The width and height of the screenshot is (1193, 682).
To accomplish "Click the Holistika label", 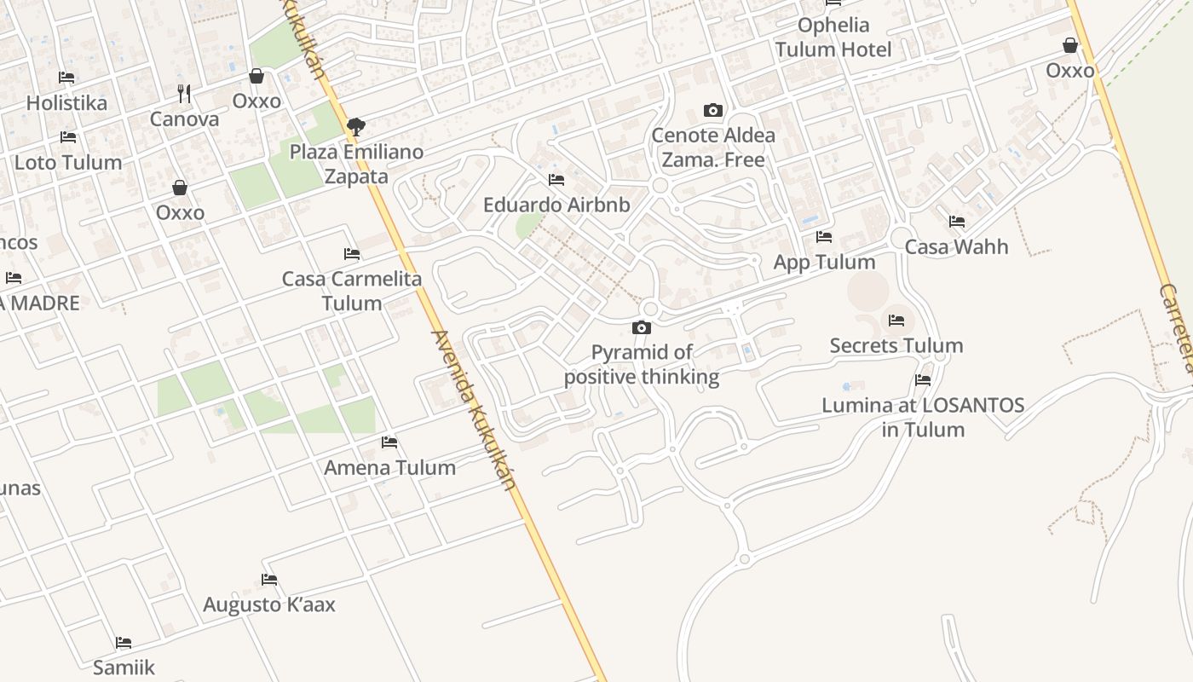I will [x=66, y=103].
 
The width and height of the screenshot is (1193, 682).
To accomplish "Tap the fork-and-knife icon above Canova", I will [x=184, y=93].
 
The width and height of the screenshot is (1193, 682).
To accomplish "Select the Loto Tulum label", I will [x=68, y=162].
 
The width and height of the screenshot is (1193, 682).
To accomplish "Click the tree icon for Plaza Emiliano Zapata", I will [x=356, y=127].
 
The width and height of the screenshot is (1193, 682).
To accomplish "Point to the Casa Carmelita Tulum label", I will [x=352, y=291].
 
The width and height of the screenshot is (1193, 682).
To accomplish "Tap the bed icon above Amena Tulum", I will [x=389, y=442].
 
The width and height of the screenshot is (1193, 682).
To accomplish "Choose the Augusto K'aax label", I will [x=269, y=604].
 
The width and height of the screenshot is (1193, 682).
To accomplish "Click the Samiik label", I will [x=124, y=667].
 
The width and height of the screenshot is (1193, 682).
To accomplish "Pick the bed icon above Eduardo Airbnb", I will [x=556, y=180].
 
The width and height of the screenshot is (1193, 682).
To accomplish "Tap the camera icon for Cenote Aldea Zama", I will [x=713, y=110].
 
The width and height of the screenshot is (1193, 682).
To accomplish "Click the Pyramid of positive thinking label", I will [x=642, y=364].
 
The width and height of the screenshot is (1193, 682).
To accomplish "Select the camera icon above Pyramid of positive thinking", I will [x=642, y=327].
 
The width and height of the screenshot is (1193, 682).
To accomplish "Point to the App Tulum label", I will [x=824, y=262].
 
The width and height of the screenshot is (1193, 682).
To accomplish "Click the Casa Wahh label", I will [x=956, y=246].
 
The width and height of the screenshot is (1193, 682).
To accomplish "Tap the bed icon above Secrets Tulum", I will [x=896, y=321].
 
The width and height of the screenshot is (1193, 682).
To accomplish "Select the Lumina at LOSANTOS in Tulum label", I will [x=923, y=417].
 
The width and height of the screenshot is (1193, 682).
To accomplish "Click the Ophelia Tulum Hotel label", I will [x=833, y=37].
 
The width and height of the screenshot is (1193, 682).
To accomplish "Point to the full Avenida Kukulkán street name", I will [x=474, y=410].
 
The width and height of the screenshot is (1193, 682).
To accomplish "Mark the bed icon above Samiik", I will [x=124, y=642].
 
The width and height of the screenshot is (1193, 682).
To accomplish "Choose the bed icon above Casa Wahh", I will [x=957, y=222].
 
